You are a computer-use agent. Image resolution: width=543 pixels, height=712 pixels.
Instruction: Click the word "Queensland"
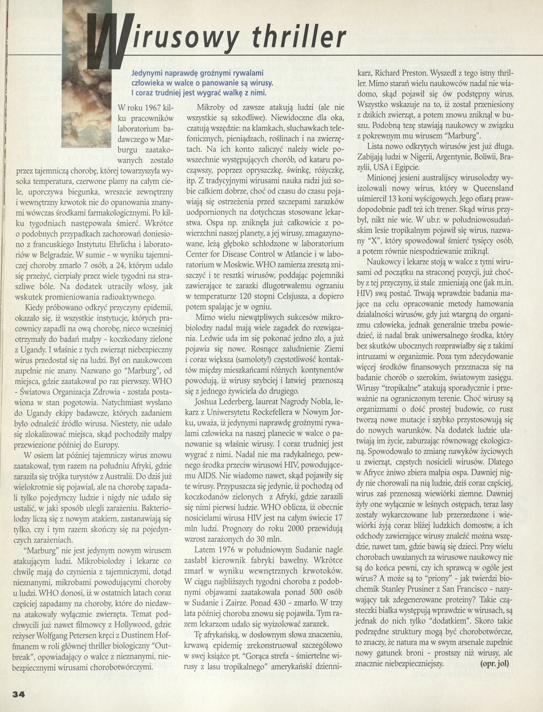(x=489, y=188)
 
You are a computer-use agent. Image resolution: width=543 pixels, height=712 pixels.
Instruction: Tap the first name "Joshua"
(x=209, y=402)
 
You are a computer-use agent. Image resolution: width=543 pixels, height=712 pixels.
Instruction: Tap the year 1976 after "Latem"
(x=229, y=549)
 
